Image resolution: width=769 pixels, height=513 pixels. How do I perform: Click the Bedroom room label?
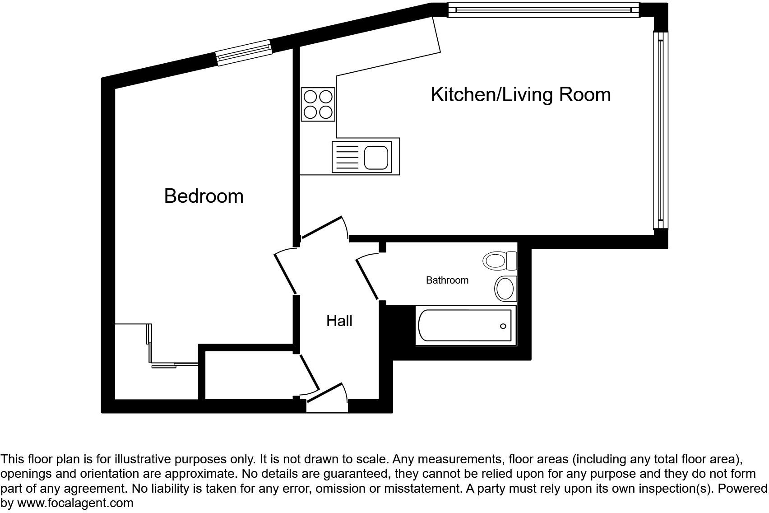[x=204, y=196]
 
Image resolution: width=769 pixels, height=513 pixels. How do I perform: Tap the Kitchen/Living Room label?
[x=520, y=94]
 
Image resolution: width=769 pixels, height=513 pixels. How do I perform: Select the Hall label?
[x=339, y=321]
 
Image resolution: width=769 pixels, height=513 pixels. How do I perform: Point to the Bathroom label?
[x=447, y=280]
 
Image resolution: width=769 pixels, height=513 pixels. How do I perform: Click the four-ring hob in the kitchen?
[x=318, y=104]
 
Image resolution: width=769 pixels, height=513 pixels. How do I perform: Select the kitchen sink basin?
[x=376, y=158]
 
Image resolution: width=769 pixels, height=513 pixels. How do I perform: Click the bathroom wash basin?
[x=505, y=288]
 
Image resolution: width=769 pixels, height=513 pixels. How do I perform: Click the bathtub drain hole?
[x=503, y=326]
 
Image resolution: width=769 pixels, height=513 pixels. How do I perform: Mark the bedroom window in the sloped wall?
[x=244, y=52]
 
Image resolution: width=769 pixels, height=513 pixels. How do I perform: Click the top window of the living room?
[x=543, y=10]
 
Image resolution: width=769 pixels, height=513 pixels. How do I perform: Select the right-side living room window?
[x=660, y=131]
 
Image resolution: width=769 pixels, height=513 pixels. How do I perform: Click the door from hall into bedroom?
[x=285, y=273]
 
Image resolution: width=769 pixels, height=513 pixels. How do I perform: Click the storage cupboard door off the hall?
[x=310, y=372]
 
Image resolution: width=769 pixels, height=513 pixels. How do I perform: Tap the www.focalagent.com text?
[x=75, y=503]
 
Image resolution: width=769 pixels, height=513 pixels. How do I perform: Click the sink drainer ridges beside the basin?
[x=347, y=158]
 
